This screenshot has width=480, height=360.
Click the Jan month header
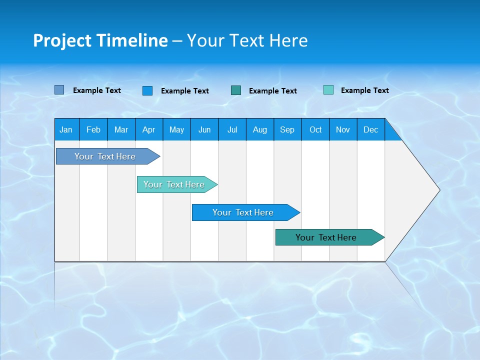click(x=66, y=129)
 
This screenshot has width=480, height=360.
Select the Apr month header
click(x=148, y=129)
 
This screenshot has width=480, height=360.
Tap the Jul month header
click(x=232, y=129)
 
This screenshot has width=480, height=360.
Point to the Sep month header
click(x=287, y=129)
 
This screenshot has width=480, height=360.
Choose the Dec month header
click(x=370, y=129)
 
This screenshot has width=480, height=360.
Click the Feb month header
click(x=93, y=129)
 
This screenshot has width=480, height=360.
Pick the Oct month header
click(x=315, y=129)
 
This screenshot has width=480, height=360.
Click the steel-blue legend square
click(x=59, y=90)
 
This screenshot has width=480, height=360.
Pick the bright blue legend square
click(x=147, y=90)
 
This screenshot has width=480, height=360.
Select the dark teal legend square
click(x=236, y=90)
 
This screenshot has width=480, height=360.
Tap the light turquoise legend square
click(x=328, y=90)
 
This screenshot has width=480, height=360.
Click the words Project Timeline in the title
click(x=100, y=40)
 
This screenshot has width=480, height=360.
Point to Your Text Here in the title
click(x=247, y=40)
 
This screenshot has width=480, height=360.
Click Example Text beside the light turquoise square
click(x=364, y=90)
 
